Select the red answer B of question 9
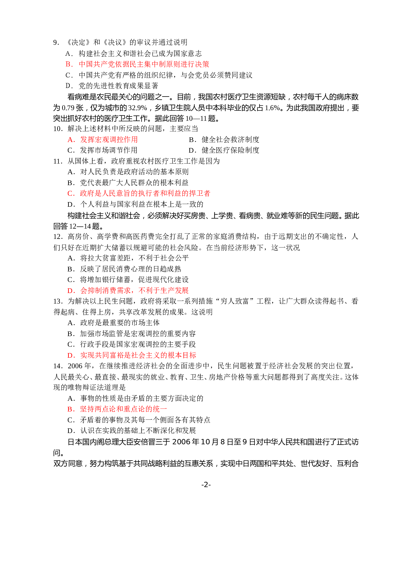click(137, 64)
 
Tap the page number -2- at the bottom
click(206, 484)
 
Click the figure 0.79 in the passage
click(68, 108)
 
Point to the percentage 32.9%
click(138, 108)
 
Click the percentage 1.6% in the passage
click(272, 108)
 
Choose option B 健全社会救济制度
click(224, 139)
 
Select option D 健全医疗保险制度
click(224, 150)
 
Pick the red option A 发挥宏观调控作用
click(103, 139)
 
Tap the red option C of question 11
click(139, 193)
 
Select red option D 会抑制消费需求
click(128, 290)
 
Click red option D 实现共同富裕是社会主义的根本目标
click(132, 355)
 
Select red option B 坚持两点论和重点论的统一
click(117, 409)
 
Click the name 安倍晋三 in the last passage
click(148, 442)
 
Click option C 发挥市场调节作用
click(103, 150)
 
